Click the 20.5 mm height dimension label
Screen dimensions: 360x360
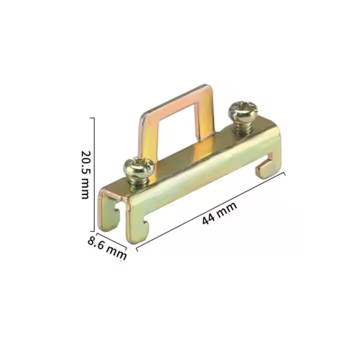[x=85, y=175]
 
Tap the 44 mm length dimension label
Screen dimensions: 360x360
[x=219, y=213]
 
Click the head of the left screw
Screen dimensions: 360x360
[x=138, y=166]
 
